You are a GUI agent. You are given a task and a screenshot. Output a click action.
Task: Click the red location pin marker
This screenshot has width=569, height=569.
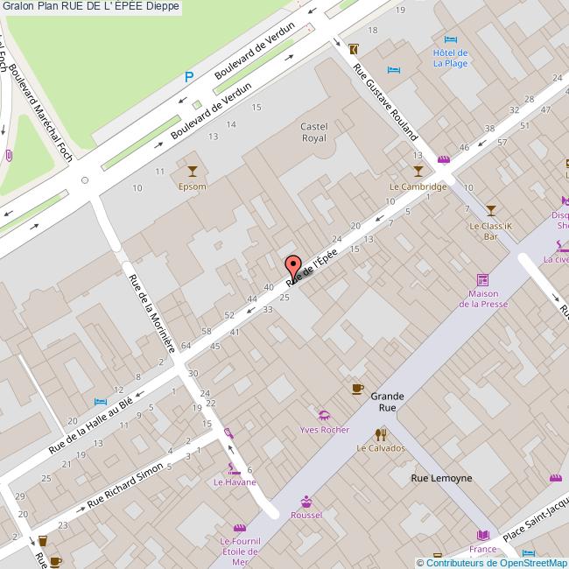(x=293, y=265)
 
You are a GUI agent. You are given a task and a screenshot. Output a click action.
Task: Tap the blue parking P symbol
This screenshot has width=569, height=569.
(x=188, y=77)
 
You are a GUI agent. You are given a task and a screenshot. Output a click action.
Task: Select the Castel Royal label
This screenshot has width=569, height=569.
(x=313, y=132)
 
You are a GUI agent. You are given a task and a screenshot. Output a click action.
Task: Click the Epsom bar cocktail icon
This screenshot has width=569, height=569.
(x=193, y=170)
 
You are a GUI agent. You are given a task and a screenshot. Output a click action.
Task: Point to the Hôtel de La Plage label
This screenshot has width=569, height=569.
(x=450, y=58)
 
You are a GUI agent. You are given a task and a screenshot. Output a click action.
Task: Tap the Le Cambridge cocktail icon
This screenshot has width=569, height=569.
(x=418, y=170)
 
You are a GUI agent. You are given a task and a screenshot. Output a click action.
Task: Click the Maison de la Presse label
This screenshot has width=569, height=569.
(x=489, y=299)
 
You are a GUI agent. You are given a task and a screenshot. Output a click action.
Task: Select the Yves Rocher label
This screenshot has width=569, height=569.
(x=324, y=430)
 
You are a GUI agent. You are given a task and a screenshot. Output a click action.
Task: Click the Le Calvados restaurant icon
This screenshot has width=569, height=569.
(x=381, y=433)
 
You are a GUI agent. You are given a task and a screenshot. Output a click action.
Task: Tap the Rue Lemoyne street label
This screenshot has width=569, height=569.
(x=442, y=478)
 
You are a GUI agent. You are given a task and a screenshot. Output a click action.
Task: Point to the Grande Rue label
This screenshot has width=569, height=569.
(x=387, y=402)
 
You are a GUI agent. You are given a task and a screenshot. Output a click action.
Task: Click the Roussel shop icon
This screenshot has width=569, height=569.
(x=306, y=502)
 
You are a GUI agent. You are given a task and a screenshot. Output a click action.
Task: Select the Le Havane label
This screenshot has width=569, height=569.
(x=235, y=482)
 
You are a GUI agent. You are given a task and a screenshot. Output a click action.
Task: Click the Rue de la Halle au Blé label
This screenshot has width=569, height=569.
(x=90, y=425)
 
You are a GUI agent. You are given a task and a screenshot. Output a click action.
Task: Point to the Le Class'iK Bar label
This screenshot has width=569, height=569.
(x=490, y=231)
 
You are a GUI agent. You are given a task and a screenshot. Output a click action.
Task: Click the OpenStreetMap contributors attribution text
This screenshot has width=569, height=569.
(x=495, y=563)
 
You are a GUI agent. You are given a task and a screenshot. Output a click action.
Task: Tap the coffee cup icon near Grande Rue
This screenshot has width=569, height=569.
(x=357, y=389)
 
